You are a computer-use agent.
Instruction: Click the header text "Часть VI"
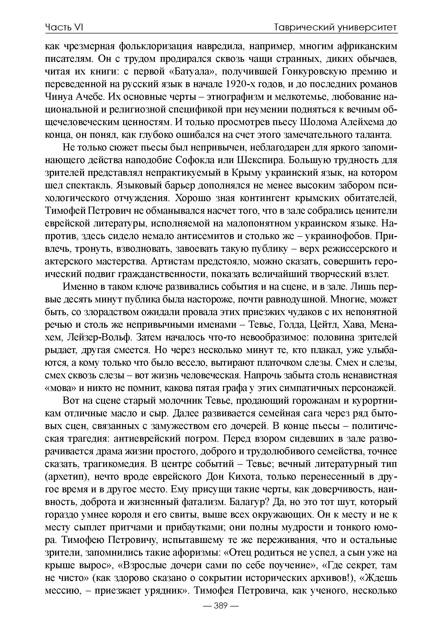[x=64, y=27]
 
